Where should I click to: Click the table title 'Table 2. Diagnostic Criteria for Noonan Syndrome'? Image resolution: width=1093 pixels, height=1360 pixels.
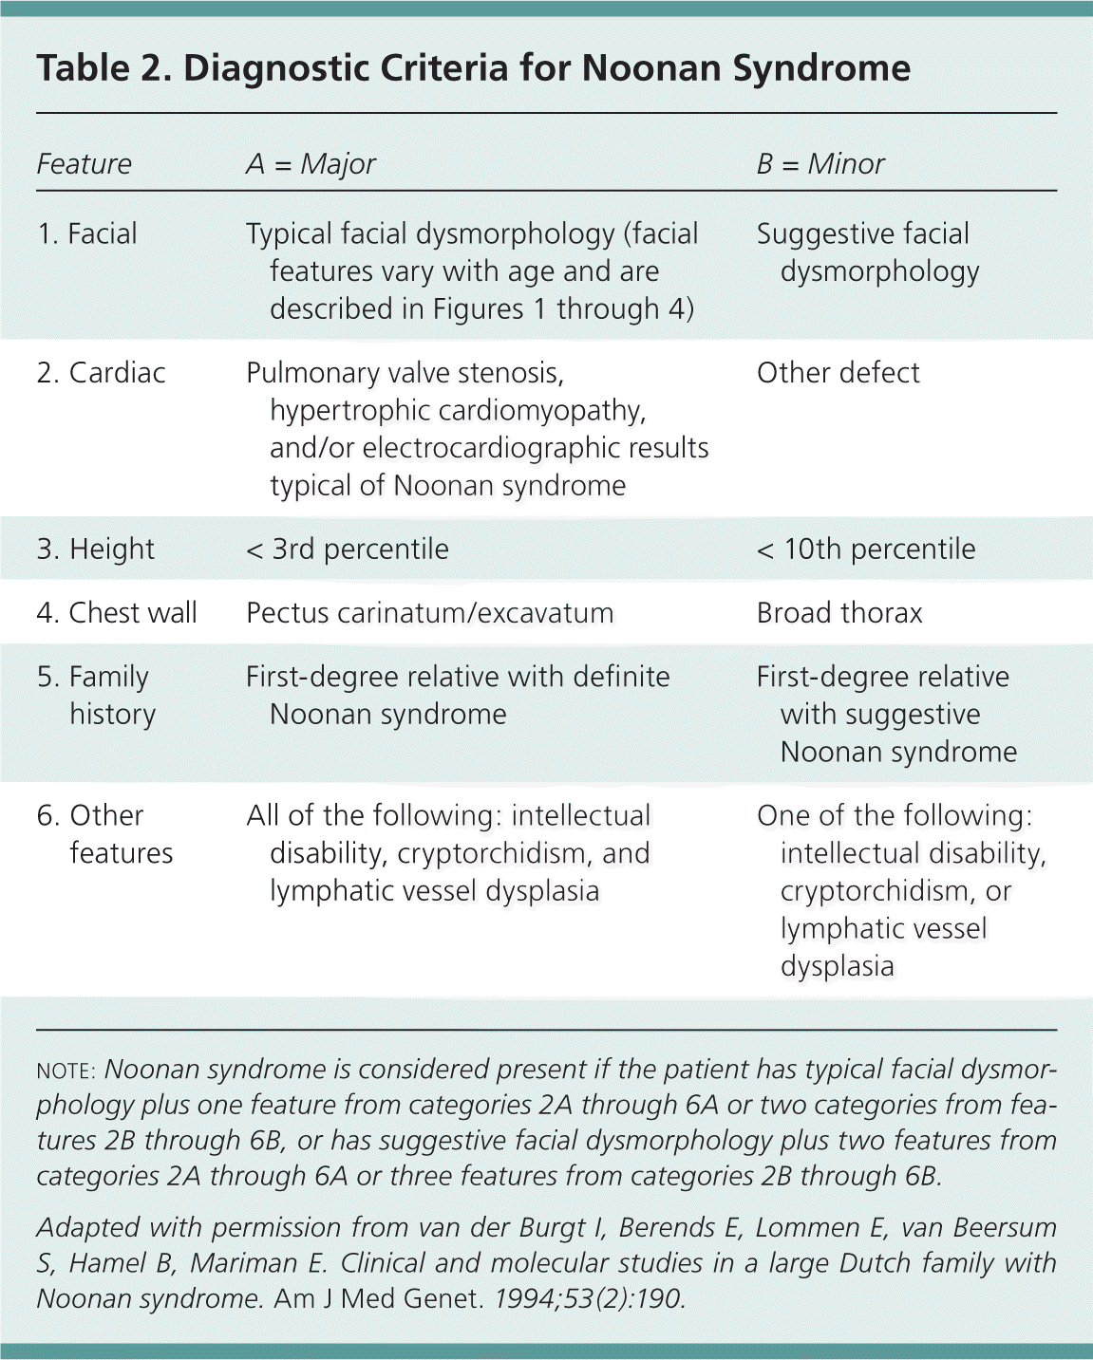473,68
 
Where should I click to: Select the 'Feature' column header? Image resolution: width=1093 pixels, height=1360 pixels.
84,164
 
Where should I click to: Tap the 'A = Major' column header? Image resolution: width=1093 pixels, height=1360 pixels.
311,164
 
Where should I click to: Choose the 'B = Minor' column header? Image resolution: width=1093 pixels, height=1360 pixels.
820,164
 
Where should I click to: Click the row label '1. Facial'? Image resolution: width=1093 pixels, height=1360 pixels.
87,233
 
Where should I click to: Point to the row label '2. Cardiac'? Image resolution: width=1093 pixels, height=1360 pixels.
101,373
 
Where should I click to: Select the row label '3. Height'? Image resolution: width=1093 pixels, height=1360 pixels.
95,550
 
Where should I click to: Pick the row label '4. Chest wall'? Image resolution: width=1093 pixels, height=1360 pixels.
117,613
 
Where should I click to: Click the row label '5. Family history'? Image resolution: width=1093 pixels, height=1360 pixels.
94,695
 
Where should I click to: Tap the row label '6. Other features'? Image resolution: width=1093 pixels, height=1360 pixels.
104,834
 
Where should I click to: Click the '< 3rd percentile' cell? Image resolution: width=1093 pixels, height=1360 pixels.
347,550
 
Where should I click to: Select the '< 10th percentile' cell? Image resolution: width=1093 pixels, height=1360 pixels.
865,550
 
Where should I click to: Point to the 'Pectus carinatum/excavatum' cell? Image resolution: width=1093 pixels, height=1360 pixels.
429,613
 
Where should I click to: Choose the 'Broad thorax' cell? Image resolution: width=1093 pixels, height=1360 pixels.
839,613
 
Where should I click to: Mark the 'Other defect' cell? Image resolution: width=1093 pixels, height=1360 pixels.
838,373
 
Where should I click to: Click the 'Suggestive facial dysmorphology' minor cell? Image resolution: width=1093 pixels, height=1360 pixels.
866,252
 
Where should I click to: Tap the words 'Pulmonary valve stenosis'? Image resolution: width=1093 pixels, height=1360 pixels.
404,373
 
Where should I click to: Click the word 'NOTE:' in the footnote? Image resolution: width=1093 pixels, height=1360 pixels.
66,1071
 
